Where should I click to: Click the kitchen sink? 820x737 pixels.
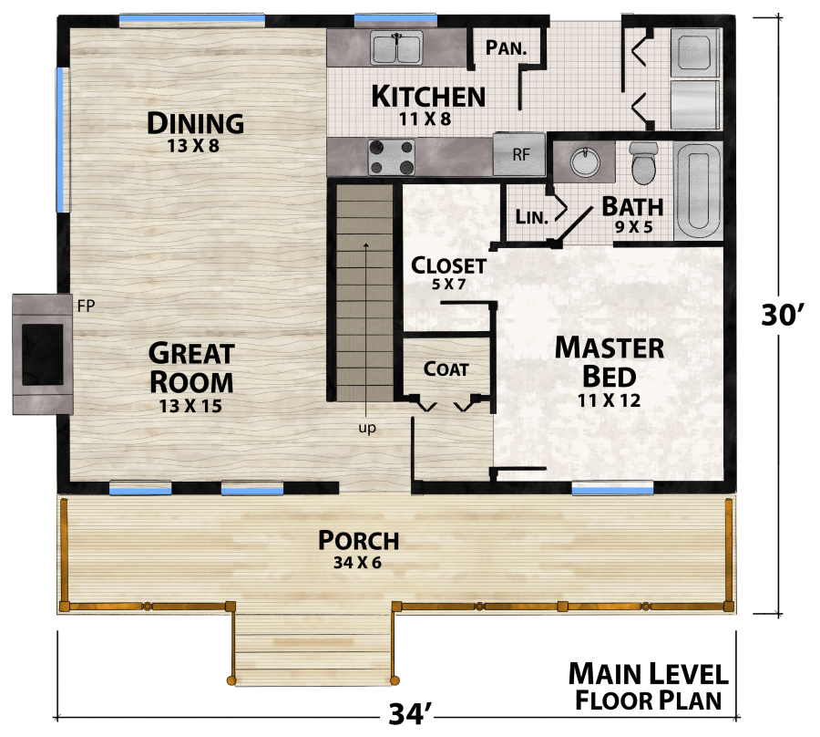[396, 47]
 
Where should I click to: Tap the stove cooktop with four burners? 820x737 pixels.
[391, 157]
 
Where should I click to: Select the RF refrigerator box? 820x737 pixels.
[519, 154]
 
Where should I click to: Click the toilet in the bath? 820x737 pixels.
[643, 162]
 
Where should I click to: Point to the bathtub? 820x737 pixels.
[698, 191]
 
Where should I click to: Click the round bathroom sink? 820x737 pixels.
[585, 161]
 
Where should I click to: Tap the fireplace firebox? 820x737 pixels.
[42, 355]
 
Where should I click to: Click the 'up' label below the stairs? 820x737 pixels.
[367, 428]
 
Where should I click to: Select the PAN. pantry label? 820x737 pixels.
[506, 47]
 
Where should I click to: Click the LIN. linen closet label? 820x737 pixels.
[531, 217]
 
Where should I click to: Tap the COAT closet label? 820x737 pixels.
[446, 369]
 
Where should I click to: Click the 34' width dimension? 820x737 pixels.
[409, 714]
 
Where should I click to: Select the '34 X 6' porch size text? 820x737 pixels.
[358, 563]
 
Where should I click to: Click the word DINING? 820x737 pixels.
[195, 123]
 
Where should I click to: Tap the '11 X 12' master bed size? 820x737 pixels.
[609, 400]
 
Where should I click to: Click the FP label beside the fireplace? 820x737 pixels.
[86, 306]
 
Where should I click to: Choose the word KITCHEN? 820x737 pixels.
[428, 97]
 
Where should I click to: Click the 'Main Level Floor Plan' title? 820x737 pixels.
[649, 687]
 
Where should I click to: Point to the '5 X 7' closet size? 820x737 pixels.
[448, 285]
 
